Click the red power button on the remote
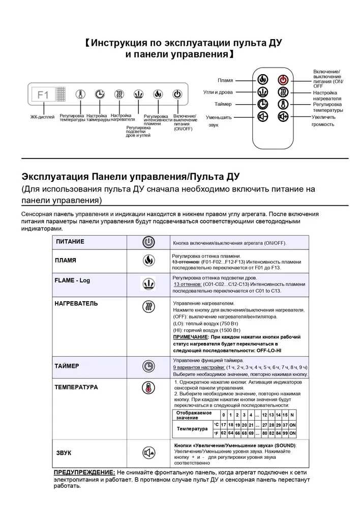pos(283,80)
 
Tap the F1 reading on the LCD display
pos(43,94)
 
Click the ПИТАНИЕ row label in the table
pos(70,242)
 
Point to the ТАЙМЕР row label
pos(67,365)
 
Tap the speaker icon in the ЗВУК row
pos(148,452)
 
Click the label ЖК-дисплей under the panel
pos(43,117)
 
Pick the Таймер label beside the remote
pos(223,104)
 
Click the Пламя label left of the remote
pos(225,80)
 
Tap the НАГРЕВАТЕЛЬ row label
pos(76,304)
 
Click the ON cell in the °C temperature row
pos(292,424)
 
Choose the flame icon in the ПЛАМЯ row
pos(148,260)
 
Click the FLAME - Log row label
pos(72,280)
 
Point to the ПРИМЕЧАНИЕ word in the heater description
pos(190,337)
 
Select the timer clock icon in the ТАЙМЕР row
pos(148,366)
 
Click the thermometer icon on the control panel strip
pos(80,94)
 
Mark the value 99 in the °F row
pos(285,433)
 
